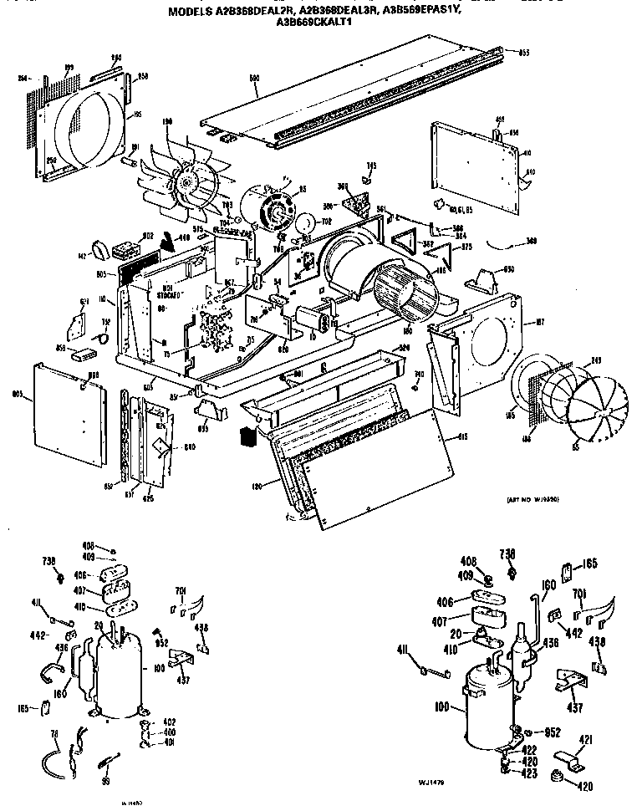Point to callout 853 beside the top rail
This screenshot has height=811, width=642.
pyautogui.click(x=524, y=53)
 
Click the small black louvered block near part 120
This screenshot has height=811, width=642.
pyautogui.click(x=246, y=435)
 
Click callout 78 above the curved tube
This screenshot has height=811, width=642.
pyautogui.click(x=55, y=734)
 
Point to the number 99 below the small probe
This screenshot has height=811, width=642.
pyautogui.click(x=104, y=780)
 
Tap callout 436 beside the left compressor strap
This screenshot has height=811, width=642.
pyautogui.click(x=61, y=647)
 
